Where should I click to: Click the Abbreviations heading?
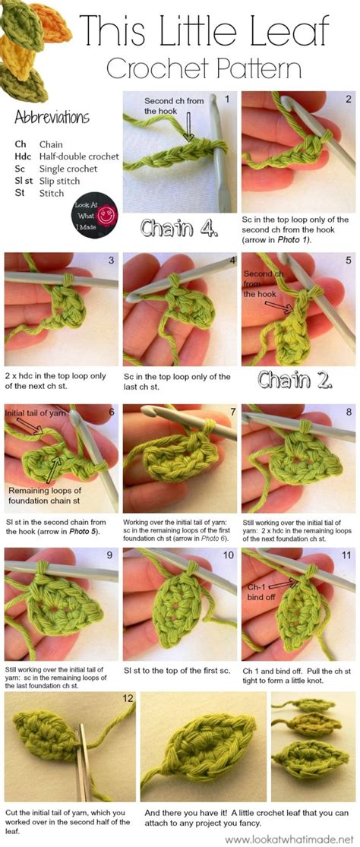tap(52, 117)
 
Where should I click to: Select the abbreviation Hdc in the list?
tap(23, 156)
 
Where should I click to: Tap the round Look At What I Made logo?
tap(96, 213)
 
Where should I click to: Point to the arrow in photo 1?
tap(188, 128)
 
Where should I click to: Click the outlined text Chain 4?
tap(179, 227)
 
